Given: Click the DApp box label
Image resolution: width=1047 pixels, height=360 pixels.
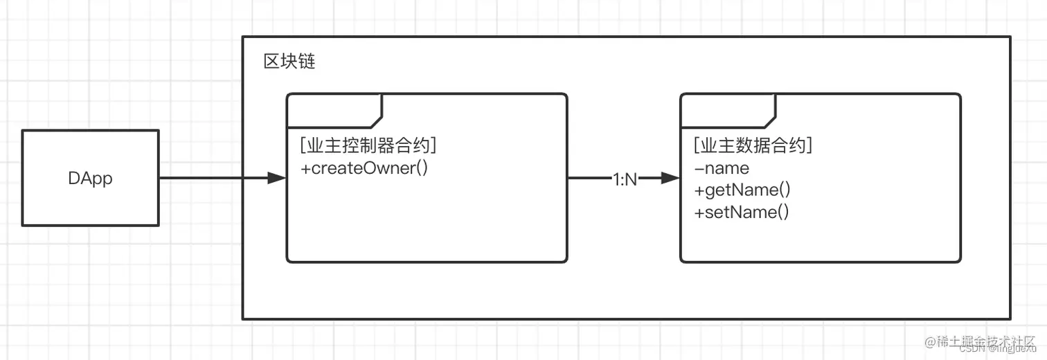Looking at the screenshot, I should pos(90,178).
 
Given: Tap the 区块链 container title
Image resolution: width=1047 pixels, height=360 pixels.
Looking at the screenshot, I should pos(289,62).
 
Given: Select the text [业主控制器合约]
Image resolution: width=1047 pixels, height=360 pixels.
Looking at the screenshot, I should pos(368,146).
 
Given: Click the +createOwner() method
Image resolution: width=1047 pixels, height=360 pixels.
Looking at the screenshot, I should pos(364,168).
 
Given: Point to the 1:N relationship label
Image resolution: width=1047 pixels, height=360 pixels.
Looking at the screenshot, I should pos(625,179).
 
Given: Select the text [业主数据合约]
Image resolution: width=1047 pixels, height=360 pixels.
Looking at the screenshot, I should pos(753,146).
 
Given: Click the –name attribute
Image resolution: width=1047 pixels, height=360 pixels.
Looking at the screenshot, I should pos(721,168).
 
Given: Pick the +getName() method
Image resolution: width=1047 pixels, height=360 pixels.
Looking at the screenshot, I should pos(742,190).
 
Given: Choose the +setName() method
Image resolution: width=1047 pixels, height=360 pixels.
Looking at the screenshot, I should pos(741,212).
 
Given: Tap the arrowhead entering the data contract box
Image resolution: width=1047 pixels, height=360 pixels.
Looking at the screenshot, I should pos(670,179).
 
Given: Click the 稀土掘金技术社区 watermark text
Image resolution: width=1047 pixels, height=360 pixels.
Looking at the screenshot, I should pos(986,341).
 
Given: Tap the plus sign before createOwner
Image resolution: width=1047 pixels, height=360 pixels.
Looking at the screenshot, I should pos(305,168).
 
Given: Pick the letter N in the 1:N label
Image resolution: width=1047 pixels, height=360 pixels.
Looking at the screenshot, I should pos(631,179).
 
